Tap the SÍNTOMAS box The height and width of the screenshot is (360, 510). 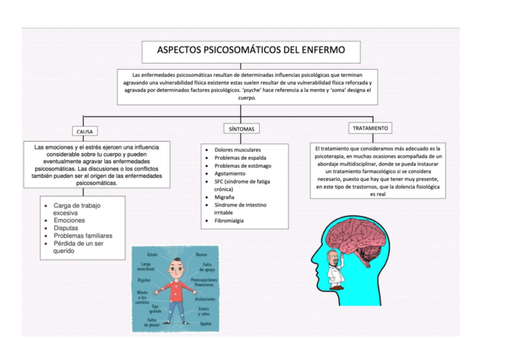(x=242, y=129)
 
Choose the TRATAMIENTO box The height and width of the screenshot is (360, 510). (x=370, y=128)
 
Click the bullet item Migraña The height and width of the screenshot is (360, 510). (x=224, y=197)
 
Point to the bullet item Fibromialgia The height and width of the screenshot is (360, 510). (x=229, y=221)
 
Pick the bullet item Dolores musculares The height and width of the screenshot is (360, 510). (x=238, y=149)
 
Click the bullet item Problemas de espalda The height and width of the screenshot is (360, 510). (x=241, y=157)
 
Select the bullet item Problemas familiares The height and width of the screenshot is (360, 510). (x=83, y=236)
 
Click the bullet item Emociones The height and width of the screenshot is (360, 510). (x=69, y=221)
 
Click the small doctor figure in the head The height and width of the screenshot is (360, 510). (x=331, y=267)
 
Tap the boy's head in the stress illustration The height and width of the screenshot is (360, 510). (x=175, y=266)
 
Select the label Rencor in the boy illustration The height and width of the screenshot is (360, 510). (x=201, y=255)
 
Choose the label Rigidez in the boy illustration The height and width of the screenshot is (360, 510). (x=144, y=280)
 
